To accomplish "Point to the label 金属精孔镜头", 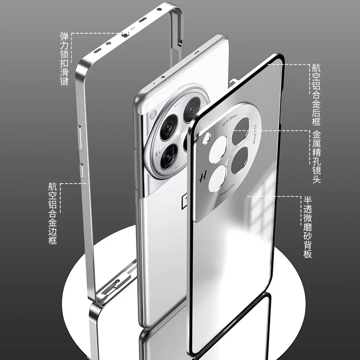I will click(x=317, y=157).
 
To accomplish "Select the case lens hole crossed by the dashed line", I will click(x=243, y=130).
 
